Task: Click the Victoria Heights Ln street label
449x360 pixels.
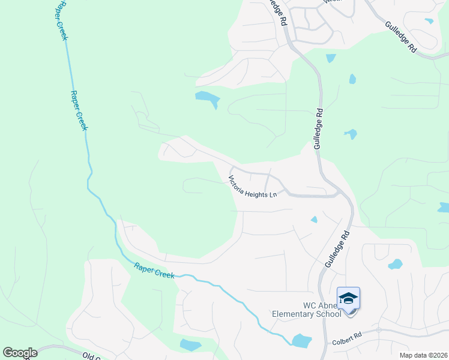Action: coord(253,187)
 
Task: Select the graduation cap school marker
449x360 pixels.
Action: coord(348,298)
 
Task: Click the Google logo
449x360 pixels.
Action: coord(20,353)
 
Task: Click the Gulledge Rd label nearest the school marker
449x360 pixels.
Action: coord(337,250)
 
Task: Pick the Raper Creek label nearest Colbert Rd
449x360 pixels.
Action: coord(154,271)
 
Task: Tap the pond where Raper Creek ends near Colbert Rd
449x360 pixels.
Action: coord(301,341)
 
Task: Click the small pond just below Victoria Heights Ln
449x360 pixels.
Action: coord(314,220)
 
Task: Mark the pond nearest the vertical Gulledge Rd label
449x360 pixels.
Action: coord(350,134)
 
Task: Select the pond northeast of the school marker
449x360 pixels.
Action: coord(395,263)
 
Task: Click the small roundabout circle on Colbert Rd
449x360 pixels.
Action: coord(379,330)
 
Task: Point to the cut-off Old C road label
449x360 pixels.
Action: coord(91,356)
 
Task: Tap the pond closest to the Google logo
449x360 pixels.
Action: coord(190,344)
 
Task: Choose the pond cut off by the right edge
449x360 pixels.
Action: coord(444,208)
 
